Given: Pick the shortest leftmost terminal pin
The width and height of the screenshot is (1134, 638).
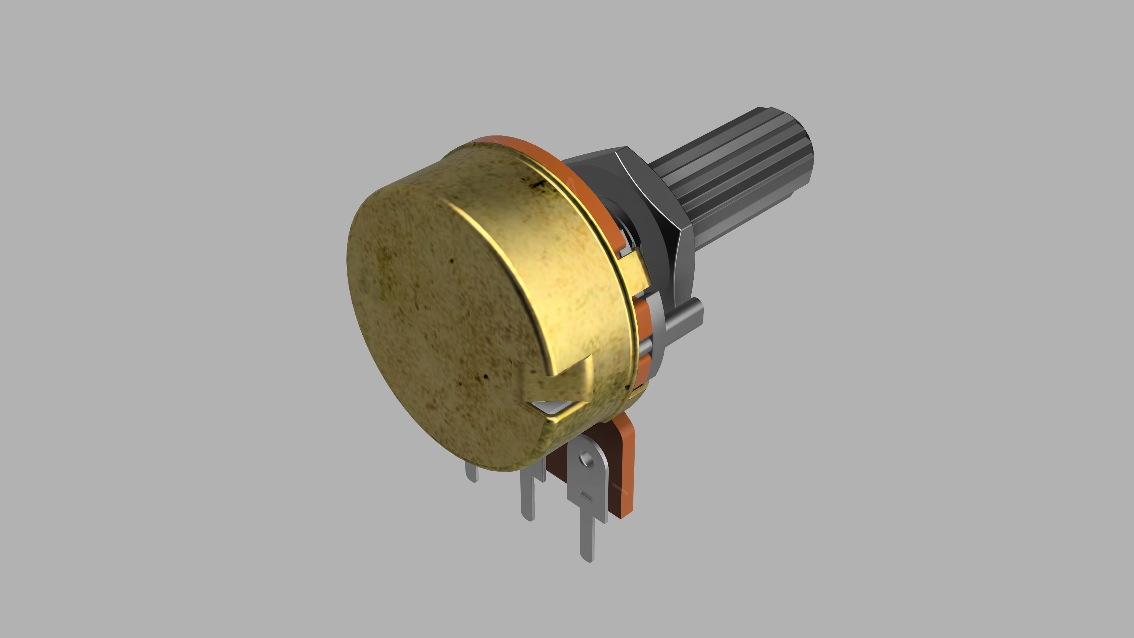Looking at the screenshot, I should pyautogui.click(x=472, y=473).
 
